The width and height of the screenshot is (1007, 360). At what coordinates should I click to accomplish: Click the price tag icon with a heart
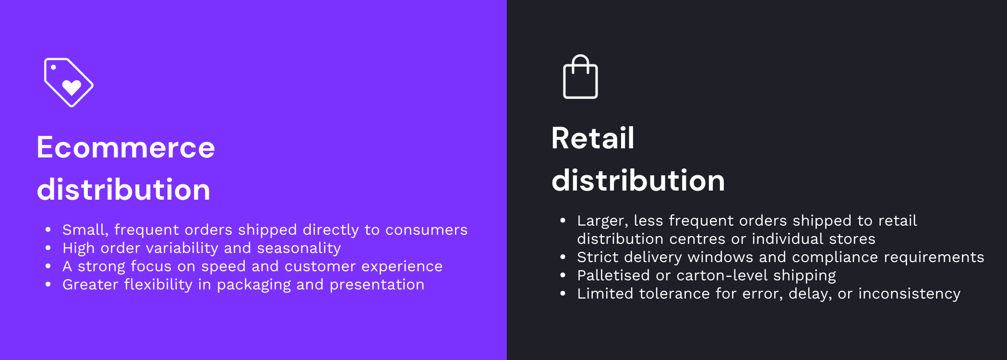69,82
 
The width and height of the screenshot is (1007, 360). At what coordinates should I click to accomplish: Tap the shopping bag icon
580,78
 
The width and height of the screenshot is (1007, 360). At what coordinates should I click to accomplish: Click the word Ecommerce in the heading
126,147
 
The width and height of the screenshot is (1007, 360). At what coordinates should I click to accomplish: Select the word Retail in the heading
593,138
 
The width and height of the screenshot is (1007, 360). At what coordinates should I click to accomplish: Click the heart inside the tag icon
72,87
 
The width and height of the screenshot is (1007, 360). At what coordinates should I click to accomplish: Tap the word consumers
426,230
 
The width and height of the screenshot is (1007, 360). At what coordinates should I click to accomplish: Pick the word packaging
253,285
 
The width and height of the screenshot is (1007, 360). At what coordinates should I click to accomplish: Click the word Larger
602,221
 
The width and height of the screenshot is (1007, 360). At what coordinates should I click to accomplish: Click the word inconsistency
909,294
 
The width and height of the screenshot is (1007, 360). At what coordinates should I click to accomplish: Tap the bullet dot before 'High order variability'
48,248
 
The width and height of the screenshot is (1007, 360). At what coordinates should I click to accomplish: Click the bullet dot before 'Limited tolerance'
563,294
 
